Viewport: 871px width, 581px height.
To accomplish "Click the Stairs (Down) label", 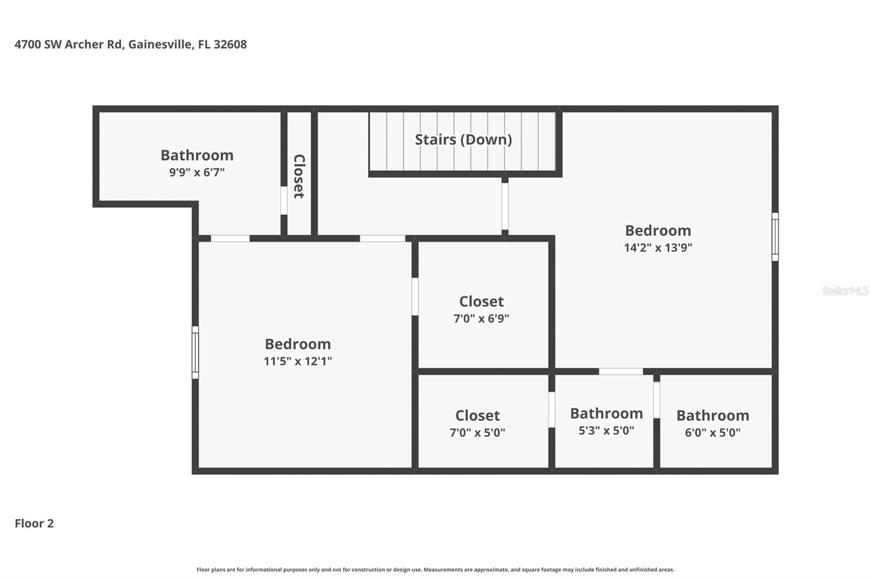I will (463, 140).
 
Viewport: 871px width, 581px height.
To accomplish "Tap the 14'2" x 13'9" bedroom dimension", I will (658, 247).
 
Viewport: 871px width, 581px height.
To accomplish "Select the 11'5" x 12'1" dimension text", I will (298, 361).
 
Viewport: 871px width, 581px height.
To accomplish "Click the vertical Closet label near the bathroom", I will (299, 176).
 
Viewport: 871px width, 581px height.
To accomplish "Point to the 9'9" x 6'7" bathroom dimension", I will (197, 172).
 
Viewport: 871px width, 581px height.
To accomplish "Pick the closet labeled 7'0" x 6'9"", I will (481, 309).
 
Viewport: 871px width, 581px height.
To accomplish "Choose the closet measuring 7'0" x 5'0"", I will (477, 423).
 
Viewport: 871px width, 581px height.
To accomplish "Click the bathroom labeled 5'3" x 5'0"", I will (606, 421).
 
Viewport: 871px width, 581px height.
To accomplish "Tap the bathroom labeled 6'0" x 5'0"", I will (712, 423).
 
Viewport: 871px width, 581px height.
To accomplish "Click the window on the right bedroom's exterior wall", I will (775, 237).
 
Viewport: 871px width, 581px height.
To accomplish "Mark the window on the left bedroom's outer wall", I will (195, 352).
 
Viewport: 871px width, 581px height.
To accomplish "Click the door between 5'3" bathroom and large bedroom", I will (621, 372).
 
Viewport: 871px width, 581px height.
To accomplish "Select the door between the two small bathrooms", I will (657, 400).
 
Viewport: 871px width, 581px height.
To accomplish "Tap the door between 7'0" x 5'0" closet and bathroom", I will (551, 409).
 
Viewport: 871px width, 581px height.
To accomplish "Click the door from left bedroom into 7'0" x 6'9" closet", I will (415, 296).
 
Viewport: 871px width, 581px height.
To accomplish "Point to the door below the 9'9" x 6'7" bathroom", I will (230, 238).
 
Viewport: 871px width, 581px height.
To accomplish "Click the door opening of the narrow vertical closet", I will (284, 201).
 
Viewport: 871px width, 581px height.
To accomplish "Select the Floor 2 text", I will (34, 523).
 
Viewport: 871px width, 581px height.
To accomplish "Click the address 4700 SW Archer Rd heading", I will (130, 44).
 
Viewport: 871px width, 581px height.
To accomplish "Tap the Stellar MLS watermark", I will (845, 291).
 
